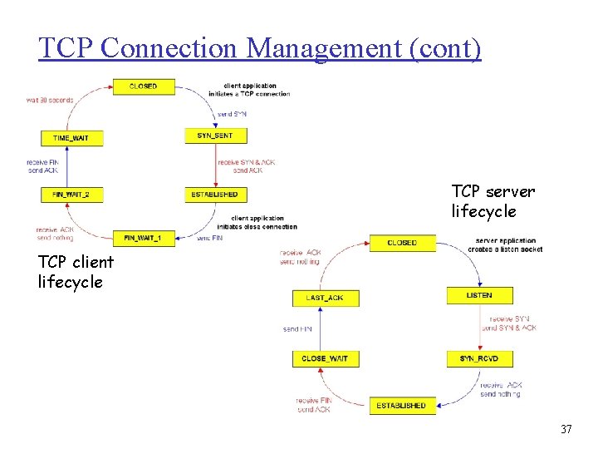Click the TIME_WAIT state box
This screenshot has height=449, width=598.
click(x=72, y=137)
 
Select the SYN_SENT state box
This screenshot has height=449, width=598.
click(x=216, y=135)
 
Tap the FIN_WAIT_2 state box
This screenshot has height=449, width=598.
click(x=72, y=195)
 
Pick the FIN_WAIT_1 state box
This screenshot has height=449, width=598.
click(x=144, y=237)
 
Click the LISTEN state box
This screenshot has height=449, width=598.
click(x=479, y=295)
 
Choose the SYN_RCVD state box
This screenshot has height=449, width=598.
click(x=479, y=358)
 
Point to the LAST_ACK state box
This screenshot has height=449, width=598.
click(x=326, y=297)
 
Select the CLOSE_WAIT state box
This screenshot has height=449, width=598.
click(x=326, y=358)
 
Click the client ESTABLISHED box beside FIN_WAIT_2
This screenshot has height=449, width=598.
click(x=216, y=195)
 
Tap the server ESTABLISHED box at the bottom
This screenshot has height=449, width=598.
click(x=401, y=405)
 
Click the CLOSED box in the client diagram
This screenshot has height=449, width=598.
click(x=144, y=86)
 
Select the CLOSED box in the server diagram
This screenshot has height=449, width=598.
click(x=402, y=243)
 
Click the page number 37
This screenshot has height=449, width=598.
click(x=566, y=429)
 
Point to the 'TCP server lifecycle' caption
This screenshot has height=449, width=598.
click(x=493, y=201)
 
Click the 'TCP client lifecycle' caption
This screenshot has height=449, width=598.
click(x=76, y=271)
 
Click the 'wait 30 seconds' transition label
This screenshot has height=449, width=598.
click(x=50, y=100)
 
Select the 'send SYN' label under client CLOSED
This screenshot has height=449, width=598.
click(x=233, y=113)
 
